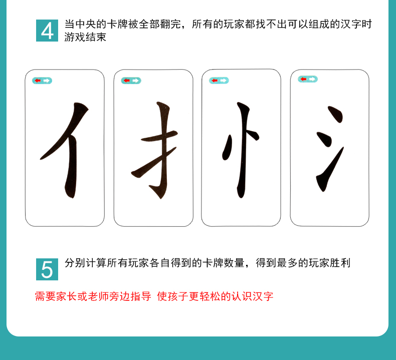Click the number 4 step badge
[x=47, y=31]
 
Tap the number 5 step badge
[x=47, y=269]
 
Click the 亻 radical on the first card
[x=68, y=150]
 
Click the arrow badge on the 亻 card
[x=42, y=81]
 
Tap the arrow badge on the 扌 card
[x=131, y=81]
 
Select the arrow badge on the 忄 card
[x=219, y=81]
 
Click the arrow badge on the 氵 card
[x=308, y=79]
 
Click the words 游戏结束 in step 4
[x=85, y=38]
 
